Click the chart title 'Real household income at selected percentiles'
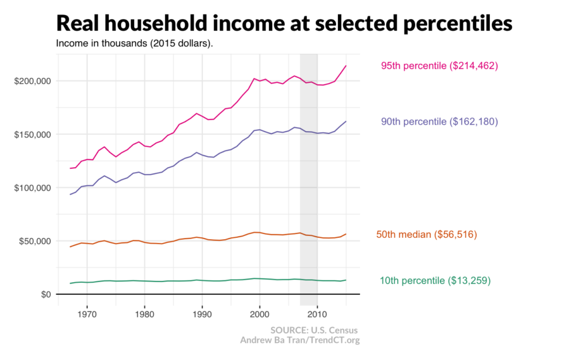(x=284, y=23)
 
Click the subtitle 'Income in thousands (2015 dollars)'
(x=134, y=44)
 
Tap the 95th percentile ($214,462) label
(x=439, y=66)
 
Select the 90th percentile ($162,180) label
(x=439, y=121)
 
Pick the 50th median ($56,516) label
(x=427, y=235)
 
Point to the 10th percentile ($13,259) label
(x=435, y=280)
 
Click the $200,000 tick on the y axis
(x=32, y=82)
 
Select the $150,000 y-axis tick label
(x=32, y=135)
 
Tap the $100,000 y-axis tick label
(x=32, y=188)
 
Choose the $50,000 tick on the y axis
(x=34, y=241)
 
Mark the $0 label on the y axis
(x=46, y=294)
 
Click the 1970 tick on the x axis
(x=87, y=313)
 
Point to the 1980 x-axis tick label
(x=145, y=313)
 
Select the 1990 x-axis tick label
(x=202, y=313)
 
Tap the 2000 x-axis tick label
(x=260, y=313)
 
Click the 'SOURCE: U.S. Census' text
(x=314, y=330)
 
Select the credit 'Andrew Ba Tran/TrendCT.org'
(x=299, y=340)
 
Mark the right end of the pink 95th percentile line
(x=346, y=66)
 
